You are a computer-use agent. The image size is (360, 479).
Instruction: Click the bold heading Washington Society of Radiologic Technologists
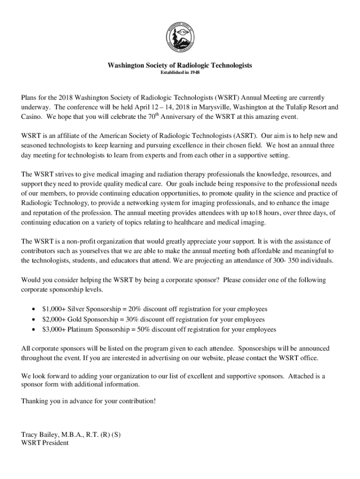tap(180, 65)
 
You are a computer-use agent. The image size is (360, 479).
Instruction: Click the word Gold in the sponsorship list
tap(77, 319)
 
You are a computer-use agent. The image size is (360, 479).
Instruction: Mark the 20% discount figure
tap(134, 309)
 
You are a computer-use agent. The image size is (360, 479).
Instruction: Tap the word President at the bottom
tap(55, 443)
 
